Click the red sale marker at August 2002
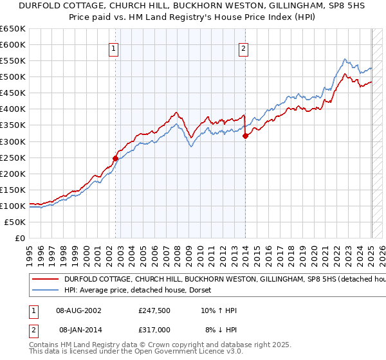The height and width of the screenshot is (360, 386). coord(116,158)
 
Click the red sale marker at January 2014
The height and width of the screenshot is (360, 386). coord(245,136)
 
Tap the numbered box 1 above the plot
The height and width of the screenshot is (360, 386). coord(113,48)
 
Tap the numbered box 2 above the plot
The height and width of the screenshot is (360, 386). coord(244,48)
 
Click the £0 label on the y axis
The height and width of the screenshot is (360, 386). coord(19,238)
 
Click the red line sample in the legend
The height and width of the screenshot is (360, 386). coord(46,280)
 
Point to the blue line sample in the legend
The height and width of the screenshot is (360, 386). coord(46,291)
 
